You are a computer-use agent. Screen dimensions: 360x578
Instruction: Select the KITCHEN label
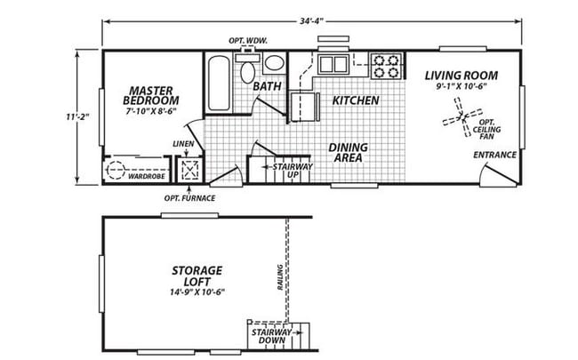(357, 100)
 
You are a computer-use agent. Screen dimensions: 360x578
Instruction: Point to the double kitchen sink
(334, 64)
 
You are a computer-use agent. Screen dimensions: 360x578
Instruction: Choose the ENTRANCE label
(494, 155)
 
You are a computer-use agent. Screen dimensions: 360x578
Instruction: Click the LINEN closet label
(183, 143)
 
